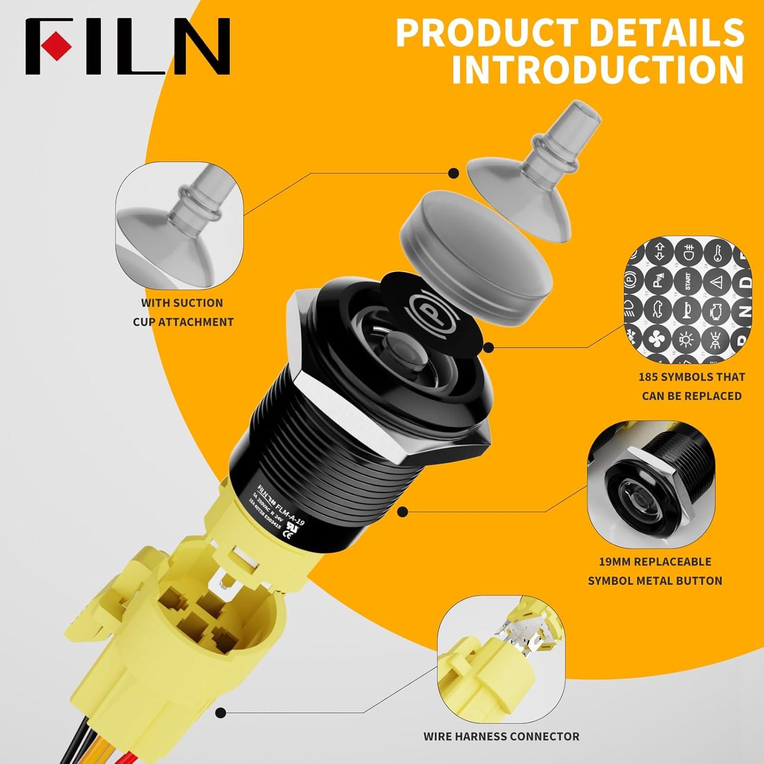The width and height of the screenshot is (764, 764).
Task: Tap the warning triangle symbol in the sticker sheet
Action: pos(717,281)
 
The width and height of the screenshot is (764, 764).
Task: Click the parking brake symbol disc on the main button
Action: pos(420,305)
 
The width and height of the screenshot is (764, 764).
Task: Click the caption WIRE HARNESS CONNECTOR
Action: pos(501,736)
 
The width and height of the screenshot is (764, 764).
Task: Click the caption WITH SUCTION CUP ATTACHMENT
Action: pos(183,312)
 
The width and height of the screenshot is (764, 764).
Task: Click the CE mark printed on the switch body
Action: pos(288,532)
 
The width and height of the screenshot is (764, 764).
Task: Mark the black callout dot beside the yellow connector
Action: pos(221,712)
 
